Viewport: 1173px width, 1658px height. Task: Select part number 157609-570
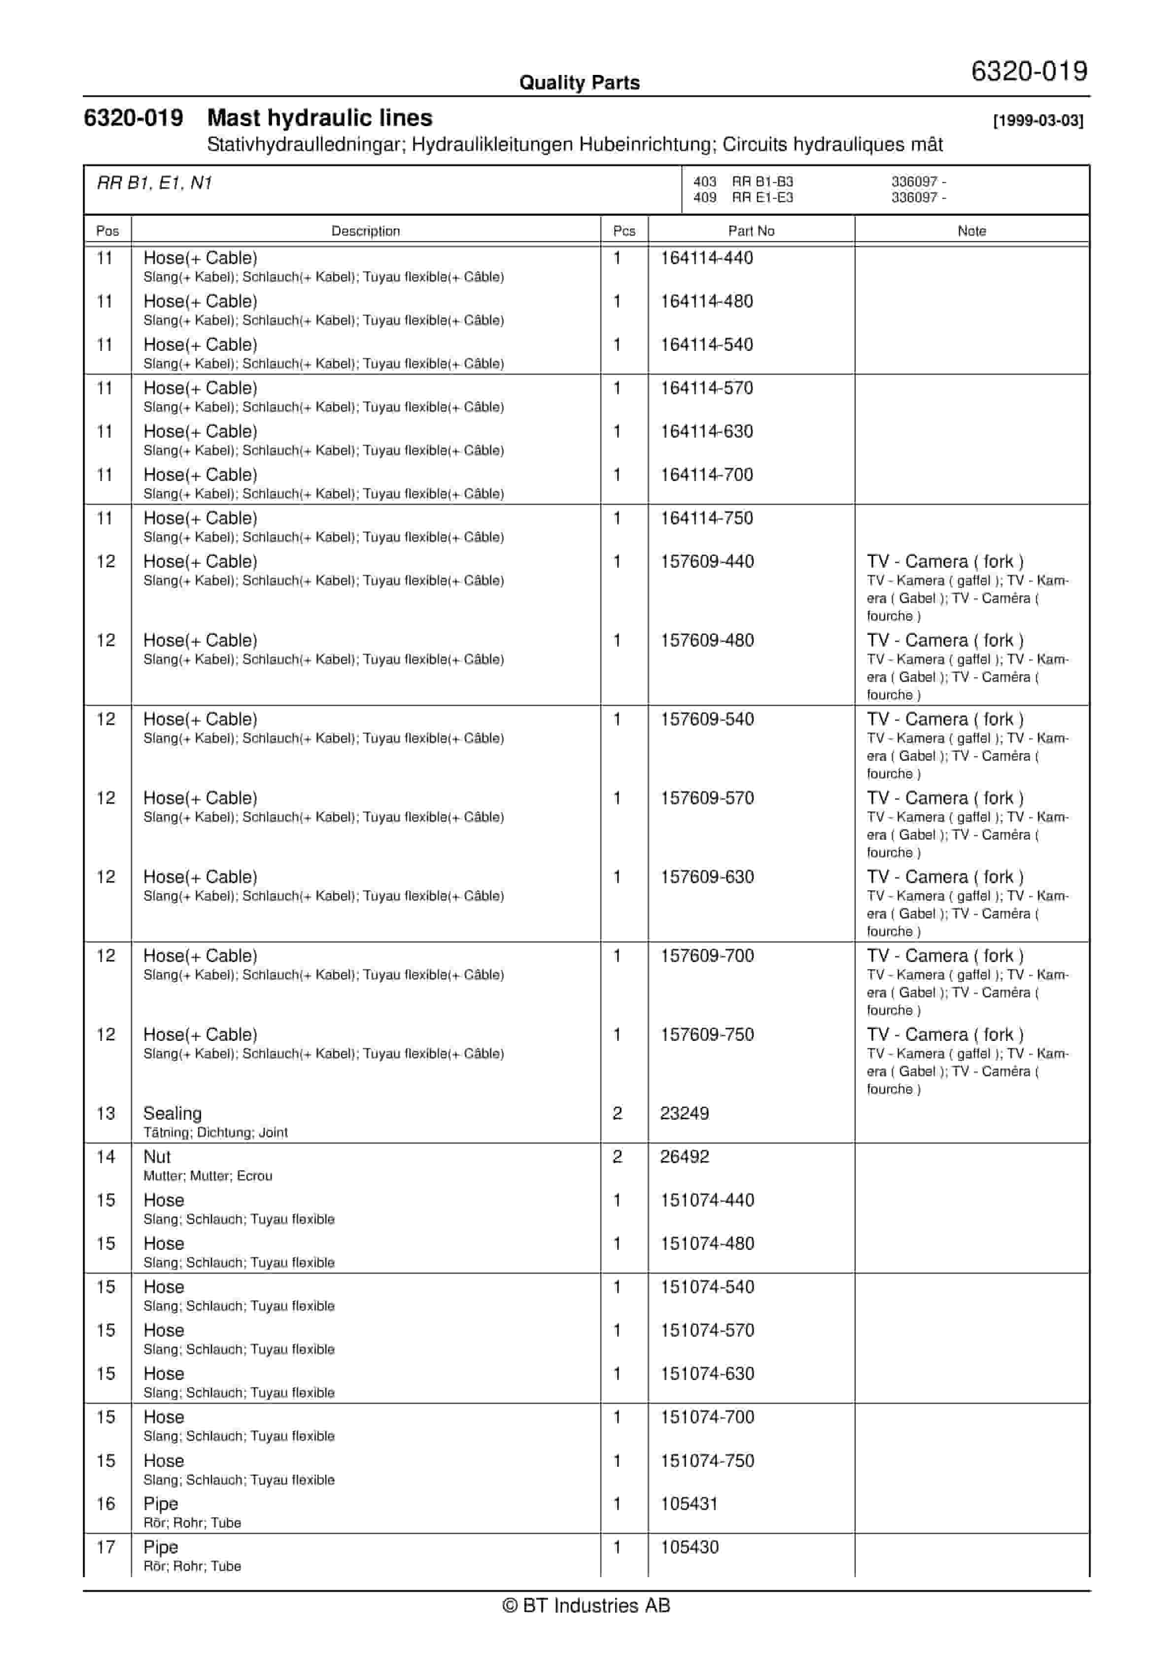tap(707, 798)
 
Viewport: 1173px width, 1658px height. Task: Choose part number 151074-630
tap(707, 1374)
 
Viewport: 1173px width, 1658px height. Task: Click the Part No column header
tap(751, 231)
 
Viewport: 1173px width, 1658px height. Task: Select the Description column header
tap(366, 231)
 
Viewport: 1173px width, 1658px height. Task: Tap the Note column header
tap(971, 231)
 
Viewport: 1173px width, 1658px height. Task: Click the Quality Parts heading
tap(579, 83)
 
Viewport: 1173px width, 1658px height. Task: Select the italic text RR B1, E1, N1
tap(155, 183)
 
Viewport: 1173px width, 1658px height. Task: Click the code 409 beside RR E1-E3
tap(704, 197)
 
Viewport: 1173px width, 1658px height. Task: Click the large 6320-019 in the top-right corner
tap(1029, 71)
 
